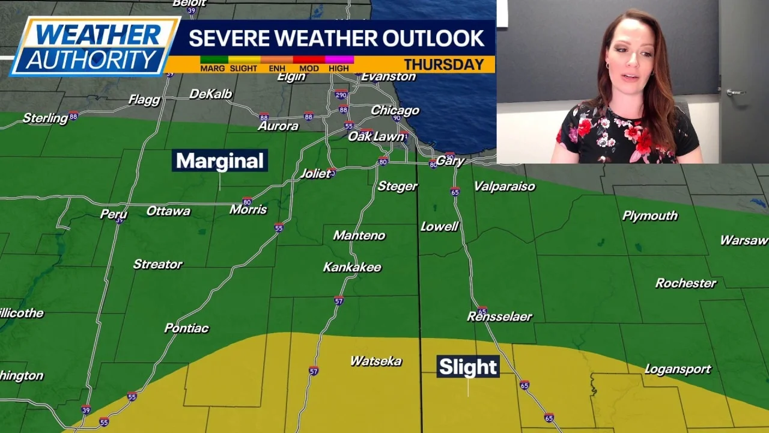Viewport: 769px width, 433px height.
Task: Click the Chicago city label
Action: click(x=395, y=111)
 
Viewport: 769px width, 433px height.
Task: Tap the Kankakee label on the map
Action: click(x=352, y=267)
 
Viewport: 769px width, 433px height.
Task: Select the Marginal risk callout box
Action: click(x=220, y=161)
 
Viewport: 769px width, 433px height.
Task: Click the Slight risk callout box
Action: click(x=468, y=367)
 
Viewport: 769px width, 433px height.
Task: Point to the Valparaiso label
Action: click(x=504, y=186)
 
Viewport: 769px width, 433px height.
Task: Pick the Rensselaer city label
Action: click(x=499, y=316)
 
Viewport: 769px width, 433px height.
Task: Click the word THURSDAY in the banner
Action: click(x=444, y=64)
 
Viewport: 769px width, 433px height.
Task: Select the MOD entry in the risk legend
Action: click(x=309, y=68)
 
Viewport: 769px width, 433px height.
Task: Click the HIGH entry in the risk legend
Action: click(x=339, y=68)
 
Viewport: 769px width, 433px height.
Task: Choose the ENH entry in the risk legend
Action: click(x=277, y=68)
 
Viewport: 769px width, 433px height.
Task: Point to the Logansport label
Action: click(x=678, y=369)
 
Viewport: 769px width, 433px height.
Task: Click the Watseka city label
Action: click(x=376, y=361)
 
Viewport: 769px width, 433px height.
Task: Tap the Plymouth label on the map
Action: click(x=650, y=216)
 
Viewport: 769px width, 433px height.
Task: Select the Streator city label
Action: click(x=157, y=264)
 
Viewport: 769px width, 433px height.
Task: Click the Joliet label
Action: click(x=315, y=174)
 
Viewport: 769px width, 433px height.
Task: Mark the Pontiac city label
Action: click(x=186, y=328)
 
